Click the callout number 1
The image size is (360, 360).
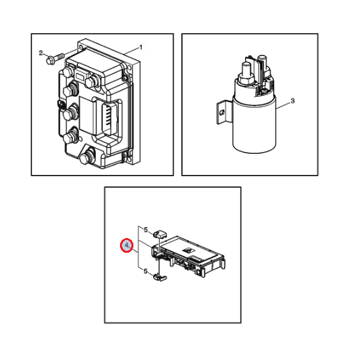pos(141,47)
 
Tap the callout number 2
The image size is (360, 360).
pos(41,53)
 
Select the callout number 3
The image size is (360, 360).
pos(292,101)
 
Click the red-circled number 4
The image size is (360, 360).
pos(127,246)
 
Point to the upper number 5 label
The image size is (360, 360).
pos(146,230)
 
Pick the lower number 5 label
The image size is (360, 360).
pos(146,271)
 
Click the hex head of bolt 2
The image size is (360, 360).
pos(50,61)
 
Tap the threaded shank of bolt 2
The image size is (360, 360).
pos(59,56)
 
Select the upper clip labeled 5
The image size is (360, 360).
pos(160,234)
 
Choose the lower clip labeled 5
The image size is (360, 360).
pos(160,278)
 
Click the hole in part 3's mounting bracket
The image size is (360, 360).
pos(222,112)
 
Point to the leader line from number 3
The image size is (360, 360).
pos(283,105)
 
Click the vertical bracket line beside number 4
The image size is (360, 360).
pos(139,246)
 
